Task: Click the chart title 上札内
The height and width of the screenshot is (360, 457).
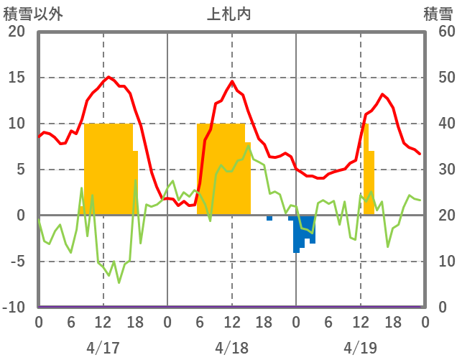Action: click(x=230, y=14)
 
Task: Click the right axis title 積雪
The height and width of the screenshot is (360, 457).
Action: click(x=438, y=14)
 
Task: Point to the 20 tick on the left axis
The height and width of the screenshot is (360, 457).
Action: click(x=17, y=32)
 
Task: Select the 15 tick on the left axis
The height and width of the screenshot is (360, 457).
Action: click(x=17, y=78)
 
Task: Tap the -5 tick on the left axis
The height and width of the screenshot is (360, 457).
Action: click(x=17, y=262)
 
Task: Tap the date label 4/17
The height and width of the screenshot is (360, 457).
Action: click(x=103, y=348)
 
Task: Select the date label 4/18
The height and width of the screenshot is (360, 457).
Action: click(x=231, y=348)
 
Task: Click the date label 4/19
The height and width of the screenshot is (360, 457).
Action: click(x=360, y=348)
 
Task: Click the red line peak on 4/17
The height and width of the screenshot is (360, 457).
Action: click(x=109, y=77)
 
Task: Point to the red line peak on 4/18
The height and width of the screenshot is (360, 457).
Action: click(x=232, y=81)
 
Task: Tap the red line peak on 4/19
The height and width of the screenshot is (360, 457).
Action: click(x=383, y=94)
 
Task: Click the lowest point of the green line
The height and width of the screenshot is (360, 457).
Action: click(x=119, y=282)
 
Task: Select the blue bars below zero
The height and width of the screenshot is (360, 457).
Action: click(x=303, y=234)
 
